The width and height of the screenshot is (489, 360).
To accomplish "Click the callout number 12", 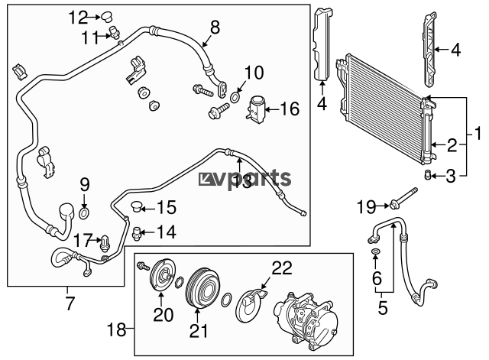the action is [78, 18].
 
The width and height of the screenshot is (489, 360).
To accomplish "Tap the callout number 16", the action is [290, 109].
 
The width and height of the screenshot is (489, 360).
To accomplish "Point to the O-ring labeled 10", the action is [235, 98].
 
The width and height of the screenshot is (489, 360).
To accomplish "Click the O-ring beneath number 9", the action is [84, 214].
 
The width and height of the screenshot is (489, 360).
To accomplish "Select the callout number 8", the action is [215, 28].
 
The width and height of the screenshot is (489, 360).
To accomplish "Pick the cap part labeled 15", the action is [136, 206].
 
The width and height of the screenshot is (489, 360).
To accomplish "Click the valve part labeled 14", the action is [137, 233].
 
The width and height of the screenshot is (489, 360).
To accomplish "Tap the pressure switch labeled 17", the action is [105, 243].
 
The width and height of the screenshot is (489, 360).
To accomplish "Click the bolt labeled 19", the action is [403, 198].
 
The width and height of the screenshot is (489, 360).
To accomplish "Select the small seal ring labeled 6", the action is [376, 251].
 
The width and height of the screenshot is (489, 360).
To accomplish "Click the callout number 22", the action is [282, 268].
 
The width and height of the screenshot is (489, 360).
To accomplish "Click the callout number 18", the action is [117, 329].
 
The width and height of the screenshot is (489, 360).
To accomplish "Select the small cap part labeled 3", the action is [427, 175].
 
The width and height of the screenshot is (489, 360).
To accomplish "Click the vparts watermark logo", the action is [244, 178].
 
